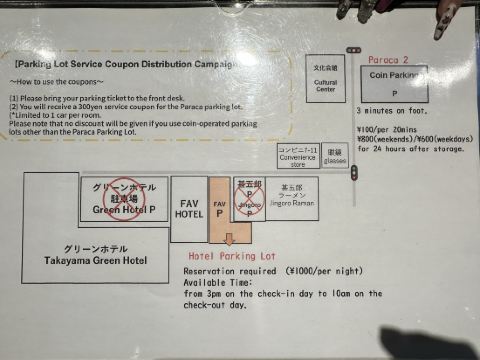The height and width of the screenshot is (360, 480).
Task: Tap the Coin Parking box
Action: tap(394, 83)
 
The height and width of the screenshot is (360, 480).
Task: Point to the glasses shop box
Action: tap(335, 156)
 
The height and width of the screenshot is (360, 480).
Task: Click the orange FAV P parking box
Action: tap(220, 208)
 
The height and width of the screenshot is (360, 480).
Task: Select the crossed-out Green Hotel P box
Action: tap(124, 199)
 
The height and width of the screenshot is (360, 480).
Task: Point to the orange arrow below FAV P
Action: tap(229, 240)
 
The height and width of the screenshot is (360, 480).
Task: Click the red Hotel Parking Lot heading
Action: tap(231, 256)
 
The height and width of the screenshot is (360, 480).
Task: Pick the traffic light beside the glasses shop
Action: tap(354, 170)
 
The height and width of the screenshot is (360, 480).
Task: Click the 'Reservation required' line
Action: tap(258, 271)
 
